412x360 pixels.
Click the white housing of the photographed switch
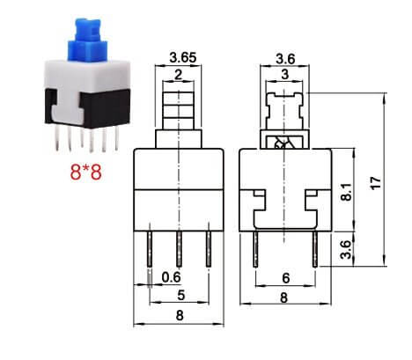coord(85,76)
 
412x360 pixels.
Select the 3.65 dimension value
coord(179,60)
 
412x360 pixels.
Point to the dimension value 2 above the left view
coord(179,76)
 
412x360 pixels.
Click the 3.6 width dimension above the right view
coord(284,60)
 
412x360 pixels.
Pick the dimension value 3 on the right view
coord(284,76)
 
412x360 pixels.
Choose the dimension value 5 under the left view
coord(180,295)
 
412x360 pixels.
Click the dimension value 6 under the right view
coord(284,277)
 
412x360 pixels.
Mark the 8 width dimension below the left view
coord(180,314)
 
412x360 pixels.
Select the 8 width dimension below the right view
coord(284,298)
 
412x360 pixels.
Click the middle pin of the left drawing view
coord(180,248)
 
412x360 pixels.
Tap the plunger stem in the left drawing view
coord(179,110)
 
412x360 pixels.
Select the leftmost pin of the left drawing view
coord(151,248)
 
